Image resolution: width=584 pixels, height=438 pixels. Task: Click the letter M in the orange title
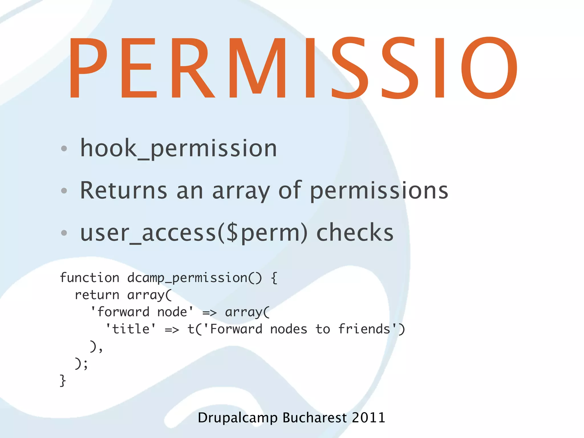[257, 68]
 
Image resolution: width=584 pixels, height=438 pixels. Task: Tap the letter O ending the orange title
[489, 68]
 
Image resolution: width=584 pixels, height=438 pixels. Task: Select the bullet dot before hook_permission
[64, 148]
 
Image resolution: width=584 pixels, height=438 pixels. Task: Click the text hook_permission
[179, 148]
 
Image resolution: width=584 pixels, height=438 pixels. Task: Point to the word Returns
[123, 190]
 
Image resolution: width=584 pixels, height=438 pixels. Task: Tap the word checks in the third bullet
[355, 232]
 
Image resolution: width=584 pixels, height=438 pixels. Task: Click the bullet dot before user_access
[64, 233]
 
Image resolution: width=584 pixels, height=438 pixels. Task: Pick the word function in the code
[90, 278]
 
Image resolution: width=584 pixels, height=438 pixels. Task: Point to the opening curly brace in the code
[274, 278]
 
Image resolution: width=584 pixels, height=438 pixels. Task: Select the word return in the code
[97, 295]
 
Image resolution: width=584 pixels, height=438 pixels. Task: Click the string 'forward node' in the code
[142, 312]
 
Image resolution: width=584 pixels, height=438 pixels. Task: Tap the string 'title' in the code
[131, 329]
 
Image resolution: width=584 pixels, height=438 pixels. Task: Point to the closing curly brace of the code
[63, 381]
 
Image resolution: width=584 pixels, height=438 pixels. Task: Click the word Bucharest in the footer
[315, 418]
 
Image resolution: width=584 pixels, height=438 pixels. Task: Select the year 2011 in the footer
[368, 418]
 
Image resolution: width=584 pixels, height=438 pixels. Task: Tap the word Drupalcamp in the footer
[238, 418]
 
